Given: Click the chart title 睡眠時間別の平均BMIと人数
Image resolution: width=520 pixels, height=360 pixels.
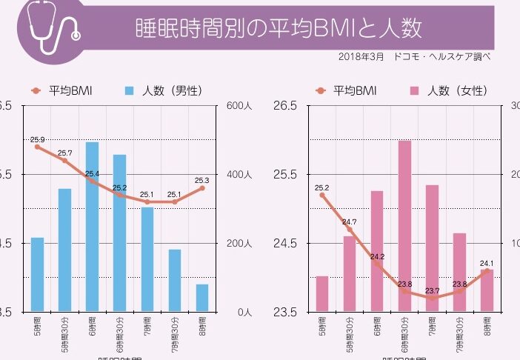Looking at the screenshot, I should pos(279,29).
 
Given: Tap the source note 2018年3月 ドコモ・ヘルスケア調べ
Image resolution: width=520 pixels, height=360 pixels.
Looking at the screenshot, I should pos(414,56).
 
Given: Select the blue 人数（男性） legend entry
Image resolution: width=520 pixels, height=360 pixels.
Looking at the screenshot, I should pos(164,91).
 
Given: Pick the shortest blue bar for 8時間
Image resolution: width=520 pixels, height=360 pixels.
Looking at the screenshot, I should pos(202,298).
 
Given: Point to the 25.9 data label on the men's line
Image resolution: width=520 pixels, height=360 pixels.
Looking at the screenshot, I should pos(37,139).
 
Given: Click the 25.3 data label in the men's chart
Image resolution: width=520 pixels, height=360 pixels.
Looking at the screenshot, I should pos(202,180).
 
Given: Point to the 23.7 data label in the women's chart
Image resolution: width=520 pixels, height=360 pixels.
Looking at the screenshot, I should pos(432,290).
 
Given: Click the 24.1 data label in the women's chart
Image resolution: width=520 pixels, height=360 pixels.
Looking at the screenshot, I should pos(487,263).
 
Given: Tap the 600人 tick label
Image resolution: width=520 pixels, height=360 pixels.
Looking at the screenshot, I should pos(239,106).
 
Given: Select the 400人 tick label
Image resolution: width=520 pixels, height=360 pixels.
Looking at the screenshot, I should pos(239,175).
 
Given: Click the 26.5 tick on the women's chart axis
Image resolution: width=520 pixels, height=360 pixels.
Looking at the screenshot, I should pos(284,106).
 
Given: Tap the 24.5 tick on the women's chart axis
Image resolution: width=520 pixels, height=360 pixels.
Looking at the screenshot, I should pos(284,244).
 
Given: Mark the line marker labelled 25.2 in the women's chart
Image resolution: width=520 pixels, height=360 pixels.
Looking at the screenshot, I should pos(322,195).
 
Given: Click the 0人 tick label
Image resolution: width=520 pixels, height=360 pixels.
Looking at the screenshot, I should pos(242,312).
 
